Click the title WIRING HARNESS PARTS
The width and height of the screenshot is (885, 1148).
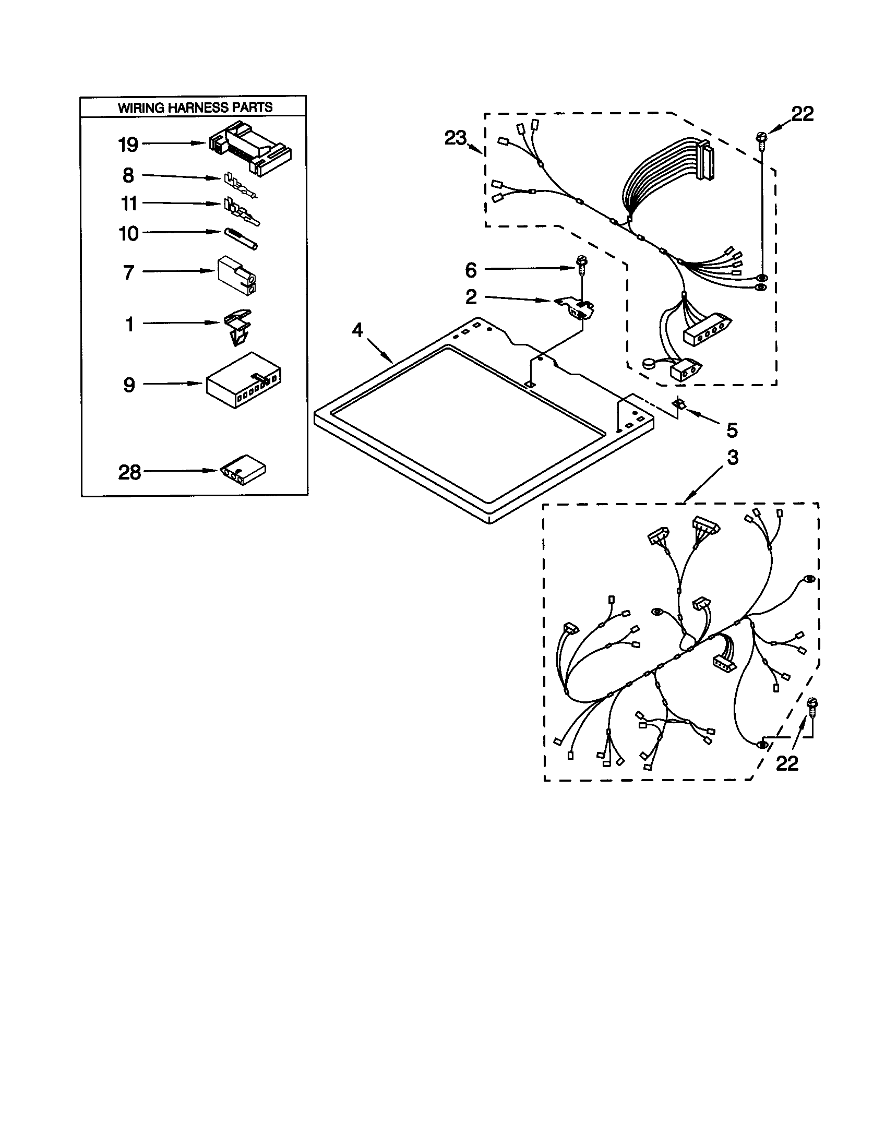coord(195,107)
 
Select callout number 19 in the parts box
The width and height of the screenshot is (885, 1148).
coord(128,144)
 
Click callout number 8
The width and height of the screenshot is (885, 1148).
coord(128,175)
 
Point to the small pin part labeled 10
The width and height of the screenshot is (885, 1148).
coord(240,239)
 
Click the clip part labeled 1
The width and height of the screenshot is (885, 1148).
coord(238,327)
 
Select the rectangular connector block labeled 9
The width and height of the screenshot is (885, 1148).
coord(243,380)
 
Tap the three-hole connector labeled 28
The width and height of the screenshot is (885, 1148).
coord(242,468)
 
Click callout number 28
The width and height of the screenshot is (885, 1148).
coord(130,472)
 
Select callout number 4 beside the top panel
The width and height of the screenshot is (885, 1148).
coord(357,330)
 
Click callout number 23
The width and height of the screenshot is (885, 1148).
coord(455,138)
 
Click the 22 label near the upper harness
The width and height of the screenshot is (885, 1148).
coord(802,114)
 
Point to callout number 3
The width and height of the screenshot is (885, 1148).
coord(733,457)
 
